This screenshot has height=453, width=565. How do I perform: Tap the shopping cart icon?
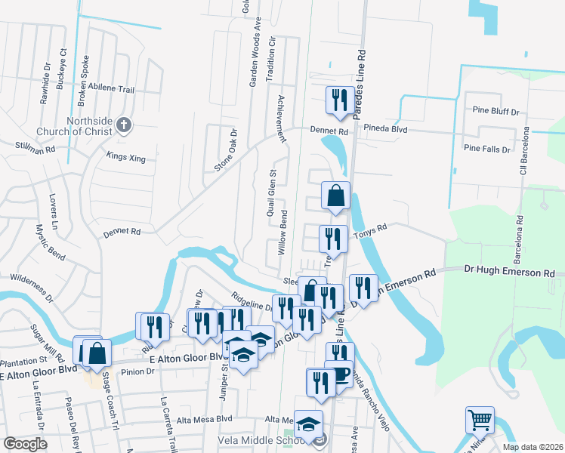[x=479, y=419]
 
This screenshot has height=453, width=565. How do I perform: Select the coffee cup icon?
[x=341, y=373]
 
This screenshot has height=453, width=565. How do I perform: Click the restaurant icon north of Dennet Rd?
[x=338, y=99]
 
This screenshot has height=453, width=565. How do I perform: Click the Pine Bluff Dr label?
[x=495, y=111]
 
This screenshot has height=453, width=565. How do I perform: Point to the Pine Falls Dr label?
[x=492, y=149]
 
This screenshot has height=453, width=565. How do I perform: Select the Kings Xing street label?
[x=125, y=156]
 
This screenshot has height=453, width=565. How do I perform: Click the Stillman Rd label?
[x=36, y=146]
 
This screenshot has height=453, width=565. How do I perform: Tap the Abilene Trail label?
[x=111, y=89]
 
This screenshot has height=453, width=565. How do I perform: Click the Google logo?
[x=25, y=444]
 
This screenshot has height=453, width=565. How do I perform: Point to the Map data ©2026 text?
[x=533, y=447]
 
